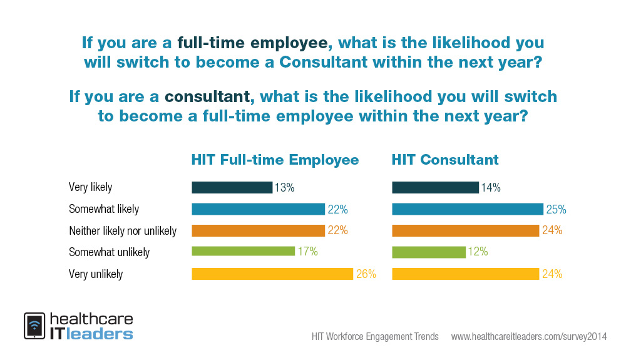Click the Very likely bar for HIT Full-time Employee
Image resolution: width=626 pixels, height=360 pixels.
click(232, 187)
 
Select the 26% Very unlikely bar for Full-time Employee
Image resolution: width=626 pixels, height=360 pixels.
click(272, 274)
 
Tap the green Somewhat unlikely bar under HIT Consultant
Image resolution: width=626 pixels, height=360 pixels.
click(429, 252)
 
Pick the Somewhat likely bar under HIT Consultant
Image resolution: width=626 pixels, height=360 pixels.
click(467, 209)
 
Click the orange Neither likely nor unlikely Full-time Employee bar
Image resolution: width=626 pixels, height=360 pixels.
click(258, 230)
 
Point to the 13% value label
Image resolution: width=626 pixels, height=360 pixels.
click(284, 187)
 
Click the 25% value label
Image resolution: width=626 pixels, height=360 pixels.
click(556, 209)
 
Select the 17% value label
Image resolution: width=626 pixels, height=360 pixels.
click(307, 252)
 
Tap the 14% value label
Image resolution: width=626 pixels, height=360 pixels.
click(490, 187)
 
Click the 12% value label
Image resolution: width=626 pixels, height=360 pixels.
click(477, 252)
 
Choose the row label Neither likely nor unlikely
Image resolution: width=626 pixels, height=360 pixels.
click(123, 231)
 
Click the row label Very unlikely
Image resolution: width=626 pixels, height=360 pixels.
click(96, 274)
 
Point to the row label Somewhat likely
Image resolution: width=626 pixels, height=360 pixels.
click(104, 209)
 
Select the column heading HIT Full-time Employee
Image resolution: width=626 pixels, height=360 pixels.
click(275, 160)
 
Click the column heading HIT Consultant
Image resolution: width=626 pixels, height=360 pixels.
click(445, 160)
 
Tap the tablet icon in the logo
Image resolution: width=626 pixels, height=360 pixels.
click(34, 326)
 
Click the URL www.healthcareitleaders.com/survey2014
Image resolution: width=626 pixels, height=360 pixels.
click(529, 337)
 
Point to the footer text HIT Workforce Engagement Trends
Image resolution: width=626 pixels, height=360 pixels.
click(375, 337)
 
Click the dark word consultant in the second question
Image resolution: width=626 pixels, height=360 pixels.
click(207, 97)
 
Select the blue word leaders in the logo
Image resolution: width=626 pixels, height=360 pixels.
click(101, 333)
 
